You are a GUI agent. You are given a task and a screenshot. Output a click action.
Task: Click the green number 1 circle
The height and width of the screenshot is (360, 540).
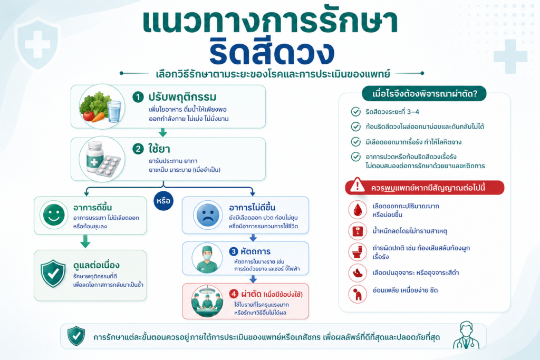[x=138, y=97]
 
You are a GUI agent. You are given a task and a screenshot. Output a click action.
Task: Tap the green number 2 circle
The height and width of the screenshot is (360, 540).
[x=138, y=149]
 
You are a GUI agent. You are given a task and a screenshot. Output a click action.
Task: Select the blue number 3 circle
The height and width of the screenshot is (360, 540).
[x=234, y=251]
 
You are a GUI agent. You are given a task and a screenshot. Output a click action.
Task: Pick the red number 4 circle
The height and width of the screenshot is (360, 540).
[x=234, y=294]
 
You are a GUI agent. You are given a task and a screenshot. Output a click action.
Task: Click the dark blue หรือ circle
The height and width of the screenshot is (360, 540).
[x=163, y=201]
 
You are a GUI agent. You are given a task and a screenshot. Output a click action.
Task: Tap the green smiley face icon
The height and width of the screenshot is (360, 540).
[x=54, y=215]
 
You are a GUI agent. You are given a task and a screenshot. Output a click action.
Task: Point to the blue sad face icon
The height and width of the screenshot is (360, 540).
[x=207, y=215]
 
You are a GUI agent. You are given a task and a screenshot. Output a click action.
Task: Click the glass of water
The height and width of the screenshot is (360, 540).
[x=114, y=111]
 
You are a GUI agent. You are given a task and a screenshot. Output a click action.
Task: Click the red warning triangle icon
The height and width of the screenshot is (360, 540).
[x=357, y=185]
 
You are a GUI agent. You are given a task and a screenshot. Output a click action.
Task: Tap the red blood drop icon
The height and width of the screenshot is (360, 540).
[x=358, y=210]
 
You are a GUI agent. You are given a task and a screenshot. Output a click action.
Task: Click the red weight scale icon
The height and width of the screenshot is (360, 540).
[x=358, y=231]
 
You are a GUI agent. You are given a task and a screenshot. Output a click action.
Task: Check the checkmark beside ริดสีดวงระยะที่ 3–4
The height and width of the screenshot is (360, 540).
[x=355, y=112]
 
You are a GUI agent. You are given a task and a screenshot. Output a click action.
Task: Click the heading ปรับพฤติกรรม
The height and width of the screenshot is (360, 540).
[x=182, y=96]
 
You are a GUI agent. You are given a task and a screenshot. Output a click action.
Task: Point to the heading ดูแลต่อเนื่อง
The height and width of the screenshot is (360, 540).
[x=97, y=265]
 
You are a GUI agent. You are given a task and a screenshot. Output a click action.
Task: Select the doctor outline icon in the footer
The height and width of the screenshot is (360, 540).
[x=466, y=335]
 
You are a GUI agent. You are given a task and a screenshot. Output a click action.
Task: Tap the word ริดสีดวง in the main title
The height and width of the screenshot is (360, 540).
[x=272, y=53]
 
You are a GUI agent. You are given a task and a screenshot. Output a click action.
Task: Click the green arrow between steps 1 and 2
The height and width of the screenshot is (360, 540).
[x=163, y=132]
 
